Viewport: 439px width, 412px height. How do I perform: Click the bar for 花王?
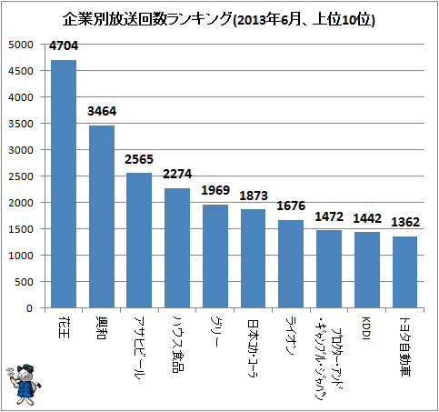coord(64,184)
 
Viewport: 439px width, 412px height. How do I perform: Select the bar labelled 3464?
coord(102,216)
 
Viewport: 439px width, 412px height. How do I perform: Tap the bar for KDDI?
coord(367,270)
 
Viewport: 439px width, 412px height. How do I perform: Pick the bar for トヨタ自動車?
coord(404,272)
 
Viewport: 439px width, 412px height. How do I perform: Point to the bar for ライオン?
coord(291,264)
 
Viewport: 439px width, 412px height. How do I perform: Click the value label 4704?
coord(64,45)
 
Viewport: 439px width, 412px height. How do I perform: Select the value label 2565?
coord(139,159)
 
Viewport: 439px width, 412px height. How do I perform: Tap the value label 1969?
coord(215,190)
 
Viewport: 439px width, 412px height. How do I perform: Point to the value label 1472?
coord(329,216)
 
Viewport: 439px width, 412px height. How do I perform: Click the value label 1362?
coord(405,222)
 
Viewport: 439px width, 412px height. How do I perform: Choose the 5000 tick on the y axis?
coord(20,45)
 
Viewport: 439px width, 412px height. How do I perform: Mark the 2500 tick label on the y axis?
coord(20,176)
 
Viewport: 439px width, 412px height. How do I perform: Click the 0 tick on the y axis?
coord(29,308)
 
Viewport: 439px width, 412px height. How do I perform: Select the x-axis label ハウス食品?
coord(178,345)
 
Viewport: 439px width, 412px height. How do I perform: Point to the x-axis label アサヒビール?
coord(139,348)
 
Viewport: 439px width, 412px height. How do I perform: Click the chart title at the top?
coord(219,20)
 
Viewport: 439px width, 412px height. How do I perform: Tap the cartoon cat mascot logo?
coord(24,384)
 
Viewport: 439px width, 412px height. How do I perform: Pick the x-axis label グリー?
coord(215,332)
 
